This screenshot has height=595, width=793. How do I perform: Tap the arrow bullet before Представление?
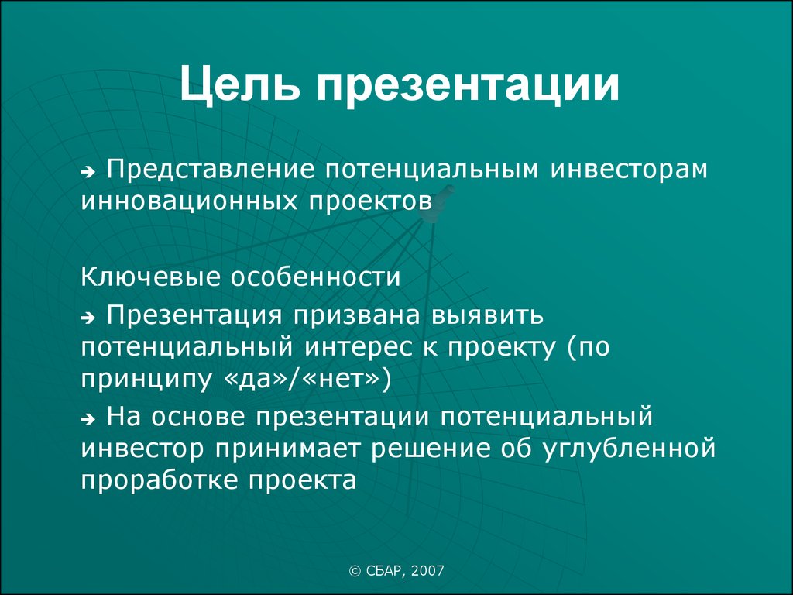[x=88, y=173]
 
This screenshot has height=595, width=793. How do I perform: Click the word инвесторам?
[x=629, y=170]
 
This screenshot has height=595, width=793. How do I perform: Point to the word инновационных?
[x=189, y=201]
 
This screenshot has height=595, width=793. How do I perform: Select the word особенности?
[x=316, y=277]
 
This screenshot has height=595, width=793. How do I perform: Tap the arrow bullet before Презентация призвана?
[x=88, y=318]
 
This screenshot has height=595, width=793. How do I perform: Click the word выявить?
[x=488, y=315]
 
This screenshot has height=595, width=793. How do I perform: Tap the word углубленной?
[x=629, y=449]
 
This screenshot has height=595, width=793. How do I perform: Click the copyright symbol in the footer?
[x=355, y=571]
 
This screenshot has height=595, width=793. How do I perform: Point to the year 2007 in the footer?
[x=427, y=571]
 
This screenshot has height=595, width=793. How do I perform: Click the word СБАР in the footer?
[x=385, y=572]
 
